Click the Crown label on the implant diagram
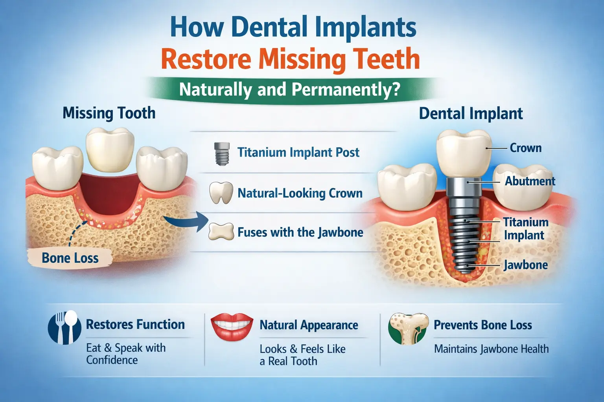(x=525, y=148)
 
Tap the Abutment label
(x=530, y=181)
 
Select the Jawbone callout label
(x=526, y=265)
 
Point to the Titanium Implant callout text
(x=525, y=228)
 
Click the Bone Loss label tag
(x=70, y=258)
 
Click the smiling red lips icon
(x=232, y=326)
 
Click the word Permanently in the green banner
(x=346, y=90)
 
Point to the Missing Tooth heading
(x=109, y=113)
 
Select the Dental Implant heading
(x=471, y=113)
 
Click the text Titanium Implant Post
(x=298, y=152)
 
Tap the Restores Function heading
(x=135, y=324)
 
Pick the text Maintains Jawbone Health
(x=491, y=349)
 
